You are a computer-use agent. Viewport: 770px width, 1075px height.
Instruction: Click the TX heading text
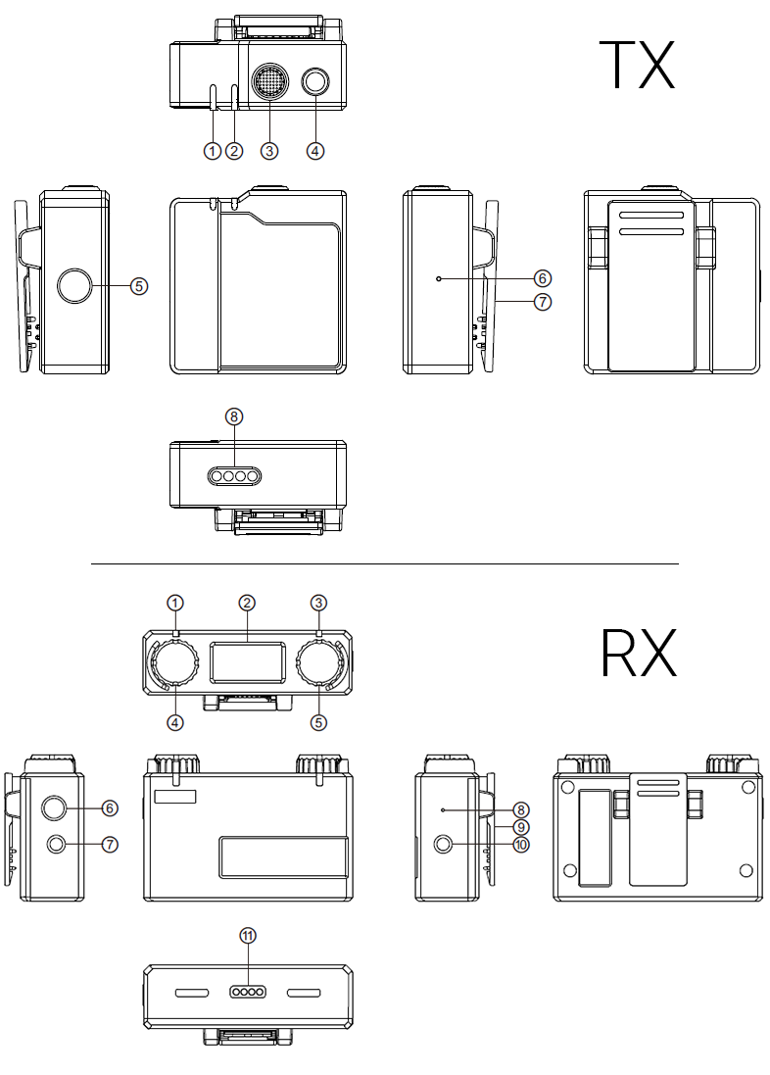click(637, 64)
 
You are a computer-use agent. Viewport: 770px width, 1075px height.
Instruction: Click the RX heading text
click(638, 653)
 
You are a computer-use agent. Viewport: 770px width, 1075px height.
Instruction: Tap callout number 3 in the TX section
click(270, 150)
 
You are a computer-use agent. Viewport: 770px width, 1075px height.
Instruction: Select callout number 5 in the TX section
click(139, 286)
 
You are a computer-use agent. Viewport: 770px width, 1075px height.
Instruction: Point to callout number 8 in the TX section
click(233, 415)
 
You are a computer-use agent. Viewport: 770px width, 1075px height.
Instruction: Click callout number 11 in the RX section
click(248, 936)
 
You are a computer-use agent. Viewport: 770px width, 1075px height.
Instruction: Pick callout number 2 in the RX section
click(247, 602)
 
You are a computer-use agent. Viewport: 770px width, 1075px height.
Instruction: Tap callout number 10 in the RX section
click(520, 844)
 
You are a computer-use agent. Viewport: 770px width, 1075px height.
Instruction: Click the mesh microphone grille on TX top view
click(270, 82)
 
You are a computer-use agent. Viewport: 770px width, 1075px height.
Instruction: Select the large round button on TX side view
click(74, 286)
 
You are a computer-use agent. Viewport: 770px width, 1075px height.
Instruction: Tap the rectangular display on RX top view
click(247, 662)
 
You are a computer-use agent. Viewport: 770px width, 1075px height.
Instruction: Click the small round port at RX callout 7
click(56, 844)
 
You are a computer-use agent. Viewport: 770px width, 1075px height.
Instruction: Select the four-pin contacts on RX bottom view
click(248, 992)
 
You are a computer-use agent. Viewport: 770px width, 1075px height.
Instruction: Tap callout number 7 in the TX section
click(543, 302)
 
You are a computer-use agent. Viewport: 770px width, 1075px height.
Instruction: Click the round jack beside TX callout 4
click(315, 83)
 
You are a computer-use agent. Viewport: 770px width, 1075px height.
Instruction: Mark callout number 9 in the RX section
click(520, 827)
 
